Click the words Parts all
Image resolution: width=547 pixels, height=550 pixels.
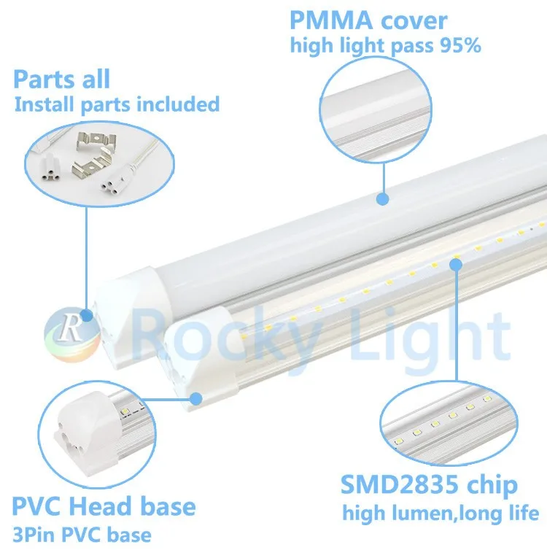[61, 79]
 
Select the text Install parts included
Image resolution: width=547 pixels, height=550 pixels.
[117, 104]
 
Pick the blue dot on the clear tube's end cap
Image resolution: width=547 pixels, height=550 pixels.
[195, 398]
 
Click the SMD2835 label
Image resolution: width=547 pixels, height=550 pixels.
[400, 486]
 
